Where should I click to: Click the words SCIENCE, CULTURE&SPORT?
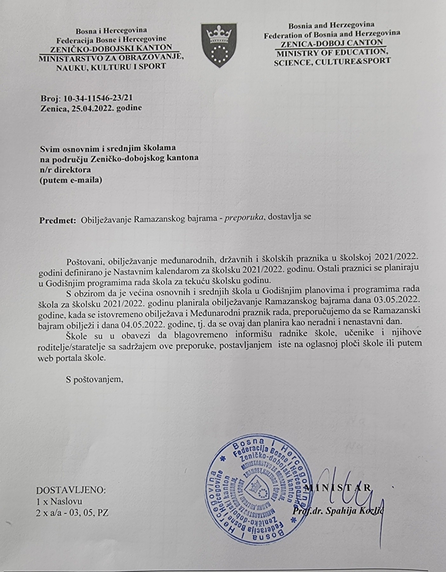332,61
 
